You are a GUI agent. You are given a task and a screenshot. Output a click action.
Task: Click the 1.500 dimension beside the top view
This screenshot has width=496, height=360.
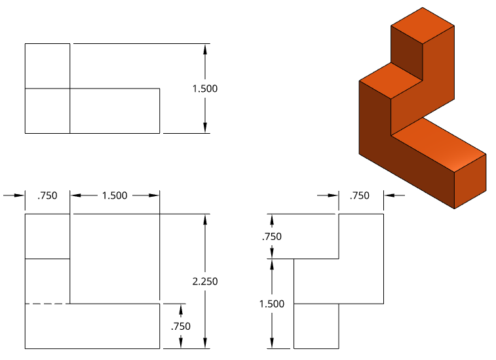coord(204,89)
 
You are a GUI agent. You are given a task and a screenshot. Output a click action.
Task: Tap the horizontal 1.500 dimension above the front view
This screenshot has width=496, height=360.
coord(114,195)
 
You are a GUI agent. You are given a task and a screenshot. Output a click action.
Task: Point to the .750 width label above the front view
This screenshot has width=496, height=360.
coord(47,195)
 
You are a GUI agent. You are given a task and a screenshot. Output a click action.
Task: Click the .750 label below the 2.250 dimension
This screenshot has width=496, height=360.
coord(180,326)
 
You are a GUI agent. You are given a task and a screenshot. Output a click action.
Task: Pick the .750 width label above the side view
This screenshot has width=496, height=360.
coord(359,195)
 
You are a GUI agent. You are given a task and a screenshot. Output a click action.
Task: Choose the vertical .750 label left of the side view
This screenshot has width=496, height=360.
coord(271,237)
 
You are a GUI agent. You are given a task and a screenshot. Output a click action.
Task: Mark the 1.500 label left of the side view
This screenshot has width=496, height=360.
coord(271,304)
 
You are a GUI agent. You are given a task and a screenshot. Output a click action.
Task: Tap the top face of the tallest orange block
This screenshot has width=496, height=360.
coord(423,26)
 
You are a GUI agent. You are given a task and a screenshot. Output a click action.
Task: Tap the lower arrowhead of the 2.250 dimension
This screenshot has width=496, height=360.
coord(206,342)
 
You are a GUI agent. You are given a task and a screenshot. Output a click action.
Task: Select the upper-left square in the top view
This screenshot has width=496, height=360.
coord(47,66)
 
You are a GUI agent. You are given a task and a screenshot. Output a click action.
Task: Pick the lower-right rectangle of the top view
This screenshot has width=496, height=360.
coord(115,111)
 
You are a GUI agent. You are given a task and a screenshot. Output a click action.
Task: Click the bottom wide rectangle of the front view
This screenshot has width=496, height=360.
coord(92,326)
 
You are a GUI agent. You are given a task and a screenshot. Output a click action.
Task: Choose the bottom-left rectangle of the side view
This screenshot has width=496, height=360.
coord(316,326)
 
